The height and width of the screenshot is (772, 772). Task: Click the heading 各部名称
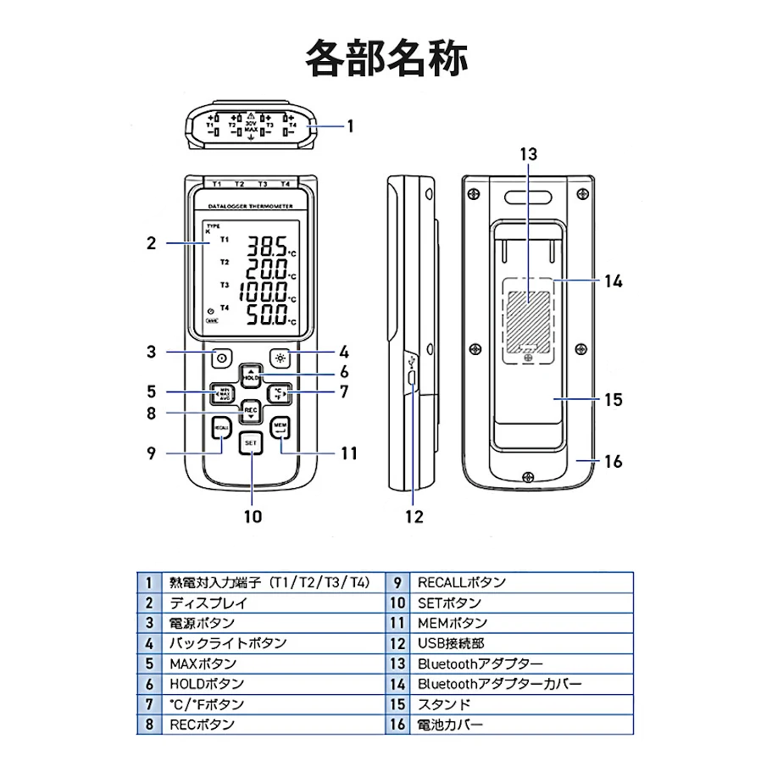pyautogui.click(x=386, y=58)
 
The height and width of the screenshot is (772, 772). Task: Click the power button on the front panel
pyautogui.click(x=222, y=358)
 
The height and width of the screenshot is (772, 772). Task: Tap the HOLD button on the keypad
pyautogui.click(x=252, y=375)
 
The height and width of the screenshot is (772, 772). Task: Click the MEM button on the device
pyautogui.click(x=280, y=429)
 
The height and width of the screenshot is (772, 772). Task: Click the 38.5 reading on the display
pyautogui.click(x=266, y=248)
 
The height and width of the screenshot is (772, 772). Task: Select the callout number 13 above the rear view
pyautogui.click(x=528, y=154)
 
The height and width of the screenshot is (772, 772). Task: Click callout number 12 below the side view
pyautogui.click(x=414, y=516)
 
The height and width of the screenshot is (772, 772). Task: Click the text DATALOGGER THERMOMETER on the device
pyautogui.click(x=251, y=206)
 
